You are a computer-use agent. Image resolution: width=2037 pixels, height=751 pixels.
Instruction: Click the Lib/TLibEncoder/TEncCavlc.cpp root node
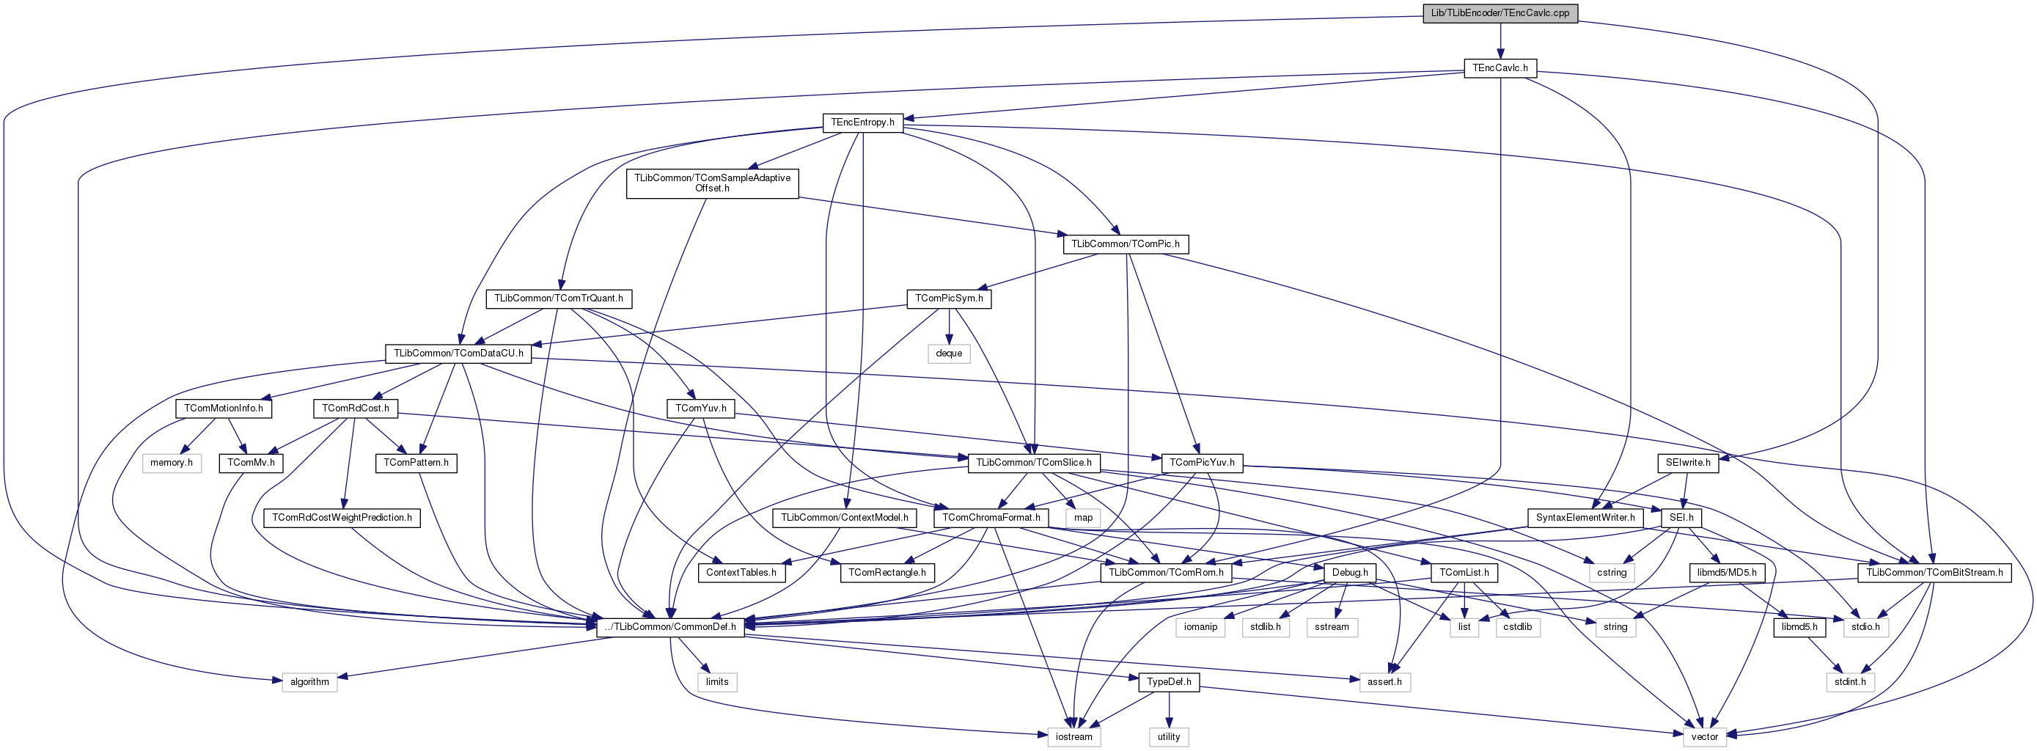point(1500,13)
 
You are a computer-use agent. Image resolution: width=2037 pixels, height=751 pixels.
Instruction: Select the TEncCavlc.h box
point(1500,68)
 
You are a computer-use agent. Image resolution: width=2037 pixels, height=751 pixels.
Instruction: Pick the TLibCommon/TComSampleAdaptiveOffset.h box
point(712,183)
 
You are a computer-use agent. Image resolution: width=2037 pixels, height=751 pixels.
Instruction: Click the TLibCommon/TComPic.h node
point(1125,244)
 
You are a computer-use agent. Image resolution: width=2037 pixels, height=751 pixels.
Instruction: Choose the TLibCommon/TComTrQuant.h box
point(558,298)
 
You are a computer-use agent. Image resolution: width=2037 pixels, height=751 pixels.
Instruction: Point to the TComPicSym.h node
point(948,298)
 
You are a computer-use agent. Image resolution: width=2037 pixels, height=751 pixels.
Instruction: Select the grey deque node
point(948,353)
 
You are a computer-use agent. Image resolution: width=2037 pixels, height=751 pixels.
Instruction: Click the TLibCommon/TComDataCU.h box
point(458,353)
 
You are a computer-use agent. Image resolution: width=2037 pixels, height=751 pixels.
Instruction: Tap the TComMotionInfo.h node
point(223,409)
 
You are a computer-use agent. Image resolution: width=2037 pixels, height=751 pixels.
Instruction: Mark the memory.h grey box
point(172,463)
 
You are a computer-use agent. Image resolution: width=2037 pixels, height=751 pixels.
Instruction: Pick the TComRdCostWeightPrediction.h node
point(342,518)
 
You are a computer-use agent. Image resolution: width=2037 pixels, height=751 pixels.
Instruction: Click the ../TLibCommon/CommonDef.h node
point(669,627)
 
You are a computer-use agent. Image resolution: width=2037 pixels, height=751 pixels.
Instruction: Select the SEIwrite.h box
point(1687,463)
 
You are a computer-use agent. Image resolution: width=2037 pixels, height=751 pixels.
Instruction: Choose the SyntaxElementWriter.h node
point(1585,518)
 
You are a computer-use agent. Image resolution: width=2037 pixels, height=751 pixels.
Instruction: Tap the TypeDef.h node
point(1168,681)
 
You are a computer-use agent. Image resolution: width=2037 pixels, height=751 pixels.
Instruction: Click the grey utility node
point(1168,737)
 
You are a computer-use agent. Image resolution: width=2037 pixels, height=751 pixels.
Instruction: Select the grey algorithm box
point(309,681)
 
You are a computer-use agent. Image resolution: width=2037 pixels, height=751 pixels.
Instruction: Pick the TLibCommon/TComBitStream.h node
point(1934,572)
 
